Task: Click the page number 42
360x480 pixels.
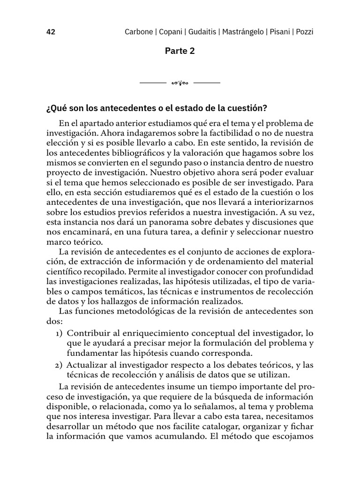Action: (x=51, y=32)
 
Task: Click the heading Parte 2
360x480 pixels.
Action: (x=180, y=51)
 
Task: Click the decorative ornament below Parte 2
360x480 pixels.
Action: (x=180, y=83)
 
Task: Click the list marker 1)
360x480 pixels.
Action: (x=59, y=333)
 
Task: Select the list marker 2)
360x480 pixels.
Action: (x=59, y=365)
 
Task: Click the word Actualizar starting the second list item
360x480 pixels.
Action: (x=87, y=365)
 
